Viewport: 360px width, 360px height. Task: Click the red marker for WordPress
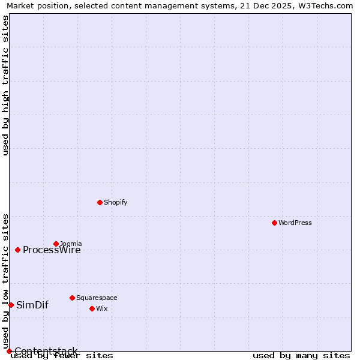click(274, 223)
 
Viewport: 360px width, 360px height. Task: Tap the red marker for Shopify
click(100, 202)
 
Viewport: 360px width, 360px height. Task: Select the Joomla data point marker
click(56, 244)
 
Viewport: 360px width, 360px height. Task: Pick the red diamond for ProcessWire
click(17, 250)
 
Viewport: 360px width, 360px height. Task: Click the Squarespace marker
click(72, 298)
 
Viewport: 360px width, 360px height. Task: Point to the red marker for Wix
click(92, 308)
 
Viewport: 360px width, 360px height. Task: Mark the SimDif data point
click(11, 305)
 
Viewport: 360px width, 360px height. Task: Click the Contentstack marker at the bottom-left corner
click(9, 351)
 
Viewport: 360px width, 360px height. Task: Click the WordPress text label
click(295, 223)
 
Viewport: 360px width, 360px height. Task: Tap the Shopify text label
click(116, 202)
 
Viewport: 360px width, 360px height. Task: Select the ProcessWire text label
click(52, 250)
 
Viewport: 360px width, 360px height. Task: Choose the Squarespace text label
click(97, 298)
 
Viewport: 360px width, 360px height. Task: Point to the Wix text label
click(101, 308)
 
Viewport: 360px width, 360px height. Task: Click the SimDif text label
click(32, 305)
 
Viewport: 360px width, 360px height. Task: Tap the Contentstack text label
click(46, 351)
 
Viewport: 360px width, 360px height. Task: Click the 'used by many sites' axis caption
click(301, 356)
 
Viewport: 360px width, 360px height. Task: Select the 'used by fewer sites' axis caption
click(62, 356)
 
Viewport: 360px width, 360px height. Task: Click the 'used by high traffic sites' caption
click(6, 85)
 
